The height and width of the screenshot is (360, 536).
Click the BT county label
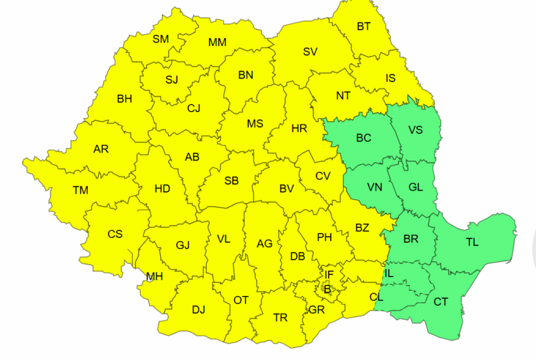[x=363, y=27]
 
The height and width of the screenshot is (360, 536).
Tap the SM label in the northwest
[x=161, y=39]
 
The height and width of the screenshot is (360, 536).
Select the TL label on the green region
[x=472, y=242]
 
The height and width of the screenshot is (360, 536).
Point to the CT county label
[x=441, y=302]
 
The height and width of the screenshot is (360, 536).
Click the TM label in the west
[x=80, y=191]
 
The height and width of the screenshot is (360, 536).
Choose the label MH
[x=155, y=277]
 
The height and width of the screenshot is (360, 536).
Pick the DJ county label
[x=198, y=310]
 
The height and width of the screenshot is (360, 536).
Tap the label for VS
[x=416, y=130]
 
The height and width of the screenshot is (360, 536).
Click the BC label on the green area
[x=363, y=138]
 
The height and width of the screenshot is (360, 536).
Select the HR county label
[x=299, y=129]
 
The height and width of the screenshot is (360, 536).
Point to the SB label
[x=231, y=181]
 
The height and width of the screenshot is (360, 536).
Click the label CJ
[x=194, y=108]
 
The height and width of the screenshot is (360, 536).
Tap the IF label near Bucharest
[x=329, y=274]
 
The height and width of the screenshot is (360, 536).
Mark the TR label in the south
[x=280, y=318]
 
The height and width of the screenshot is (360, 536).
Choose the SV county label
[x=310, y=52]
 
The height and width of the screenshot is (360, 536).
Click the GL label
[x=415, y=187]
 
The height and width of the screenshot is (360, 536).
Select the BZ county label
[x=362, y=228]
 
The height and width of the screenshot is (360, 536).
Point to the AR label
[x=101, y=149]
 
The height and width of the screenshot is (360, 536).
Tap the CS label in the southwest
[x=115, y=234]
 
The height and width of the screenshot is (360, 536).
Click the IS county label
[x=390, y=78]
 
